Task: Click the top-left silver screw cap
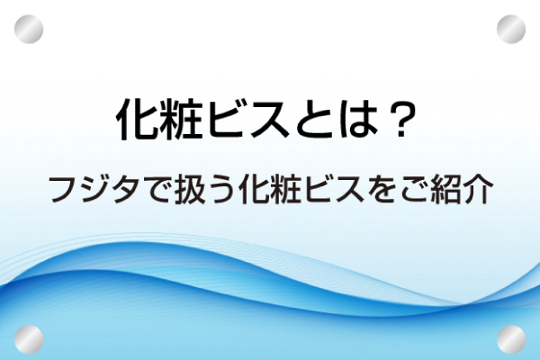click(29, 30)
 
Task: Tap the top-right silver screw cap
click(511, 30)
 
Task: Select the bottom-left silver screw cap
click(29, 339)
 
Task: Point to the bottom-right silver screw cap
click(511, 339)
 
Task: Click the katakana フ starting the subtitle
click(65, 190)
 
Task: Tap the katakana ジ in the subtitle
click(97, 190)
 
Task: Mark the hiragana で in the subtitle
click(159, 191)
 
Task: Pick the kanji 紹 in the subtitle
click(445, 190)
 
